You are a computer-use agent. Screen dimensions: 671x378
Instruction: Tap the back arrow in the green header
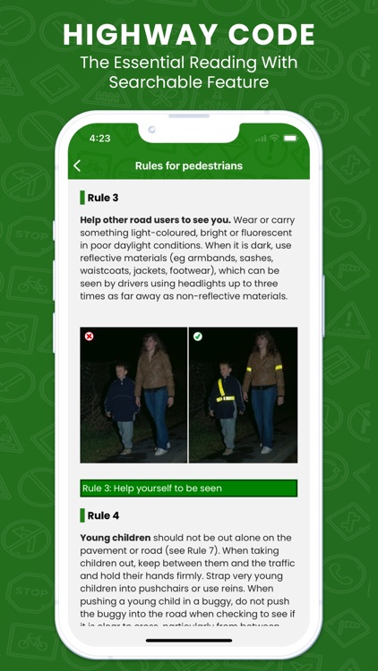click(x=77, y=166)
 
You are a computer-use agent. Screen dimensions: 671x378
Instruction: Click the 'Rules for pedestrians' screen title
click(x=189, y=166)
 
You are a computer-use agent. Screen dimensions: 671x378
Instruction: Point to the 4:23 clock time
click(x=100, y=139)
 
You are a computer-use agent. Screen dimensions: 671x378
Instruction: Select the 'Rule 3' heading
click(x=102, y=198)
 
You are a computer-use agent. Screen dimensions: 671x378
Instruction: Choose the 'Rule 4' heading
click(x=103, y=515)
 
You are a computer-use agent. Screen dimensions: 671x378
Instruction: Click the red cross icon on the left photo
click(x=89, y=336)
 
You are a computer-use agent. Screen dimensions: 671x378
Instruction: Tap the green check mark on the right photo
click(x=198, y=336)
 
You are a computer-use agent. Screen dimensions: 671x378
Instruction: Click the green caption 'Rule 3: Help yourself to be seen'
click(x=188, y=488)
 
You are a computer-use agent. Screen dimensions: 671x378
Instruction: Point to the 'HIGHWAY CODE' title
click(x=189, y=35)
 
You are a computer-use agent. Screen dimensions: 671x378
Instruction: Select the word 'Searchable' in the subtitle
click(x=152, y=82)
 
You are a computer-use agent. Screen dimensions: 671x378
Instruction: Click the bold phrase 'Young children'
click(x=113, y=538)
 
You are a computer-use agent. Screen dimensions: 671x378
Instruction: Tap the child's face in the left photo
click(x=120, y=370)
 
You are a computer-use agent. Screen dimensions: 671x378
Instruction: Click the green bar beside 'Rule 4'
click(x=82, y=515)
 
